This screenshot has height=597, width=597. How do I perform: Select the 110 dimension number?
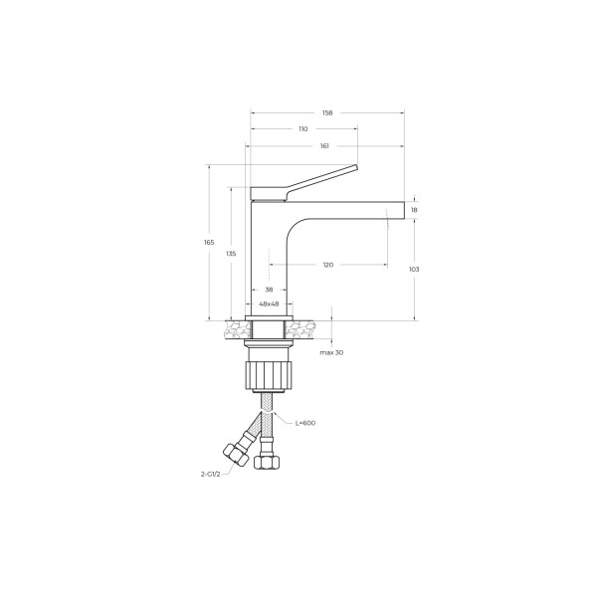coord(302,128)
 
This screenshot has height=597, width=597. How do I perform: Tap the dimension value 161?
coord(324,146)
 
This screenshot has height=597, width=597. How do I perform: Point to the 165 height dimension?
coord(209,243)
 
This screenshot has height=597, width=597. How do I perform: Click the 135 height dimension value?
coord(231,254)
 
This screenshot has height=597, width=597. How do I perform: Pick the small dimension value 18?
coord(414,210)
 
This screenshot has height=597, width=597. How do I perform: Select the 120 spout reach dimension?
coord(328,265)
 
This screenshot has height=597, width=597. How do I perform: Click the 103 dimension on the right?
coord(414,270)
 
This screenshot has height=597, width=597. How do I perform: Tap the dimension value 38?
coord(269,290)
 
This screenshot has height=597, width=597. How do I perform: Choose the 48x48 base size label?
coord(269,303)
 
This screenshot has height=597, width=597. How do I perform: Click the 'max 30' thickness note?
coord(332,353)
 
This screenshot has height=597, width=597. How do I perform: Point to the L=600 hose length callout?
coord(305,423)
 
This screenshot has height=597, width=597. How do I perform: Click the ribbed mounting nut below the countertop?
coord(269,377)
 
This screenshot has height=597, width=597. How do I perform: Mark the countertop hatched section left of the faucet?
coord(236,326)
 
